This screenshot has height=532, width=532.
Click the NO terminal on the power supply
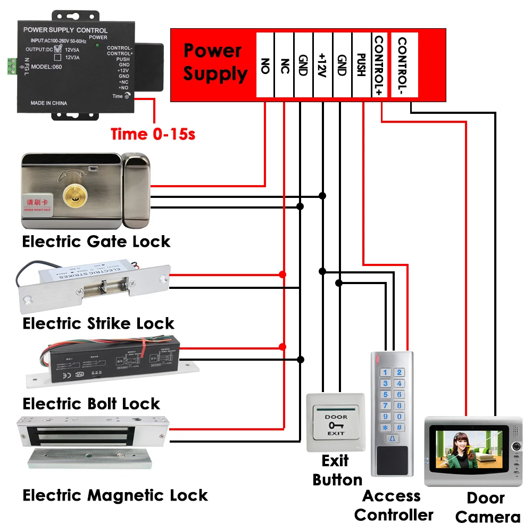pos(265,65)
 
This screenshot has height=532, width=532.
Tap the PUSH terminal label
pos(361,65)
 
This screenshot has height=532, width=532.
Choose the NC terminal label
pos(284,65)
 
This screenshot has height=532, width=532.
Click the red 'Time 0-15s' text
pos(153,134)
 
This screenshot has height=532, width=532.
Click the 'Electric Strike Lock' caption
pos(98,323)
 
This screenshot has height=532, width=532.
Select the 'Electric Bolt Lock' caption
pos(91,403)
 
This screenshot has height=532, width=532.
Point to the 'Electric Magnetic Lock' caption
pos(115,495)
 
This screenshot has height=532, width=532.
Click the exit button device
pos(336,423)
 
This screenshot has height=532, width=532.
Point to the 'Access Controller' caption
pos(393,505)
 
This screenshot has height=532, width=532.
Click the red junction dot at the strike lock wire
pos(282,275)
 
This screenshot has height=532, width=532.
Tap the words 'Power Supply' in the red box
pos(215,62)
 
